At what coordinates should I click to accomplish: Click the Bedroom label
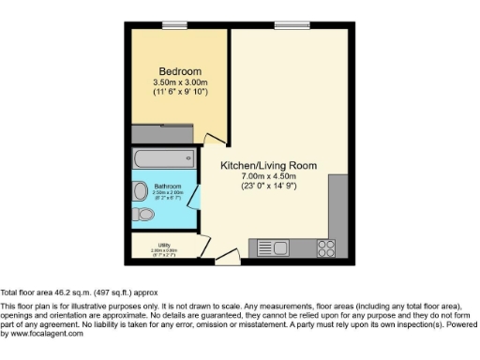tap(180, 71)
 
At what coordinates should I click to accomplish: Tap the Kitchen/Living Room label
tap(268, 165)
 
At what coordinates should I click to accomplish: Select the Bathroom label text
tap(168, 187)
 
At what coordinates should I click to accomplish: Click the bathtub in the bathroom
tap(165, 157)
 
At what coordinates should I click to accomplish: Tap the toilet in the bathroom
tap(143, 215)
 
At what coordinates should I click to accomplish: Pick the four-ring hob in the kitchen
tap(326, 247)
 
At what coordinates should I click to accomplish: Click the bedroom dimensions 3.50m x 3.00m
tap(180, 82)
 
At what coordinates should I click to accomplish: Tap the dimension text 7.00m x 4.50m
tap(268, 176)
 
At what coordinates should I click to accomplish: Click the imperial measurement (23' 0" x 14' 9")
tap(268, 186)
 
